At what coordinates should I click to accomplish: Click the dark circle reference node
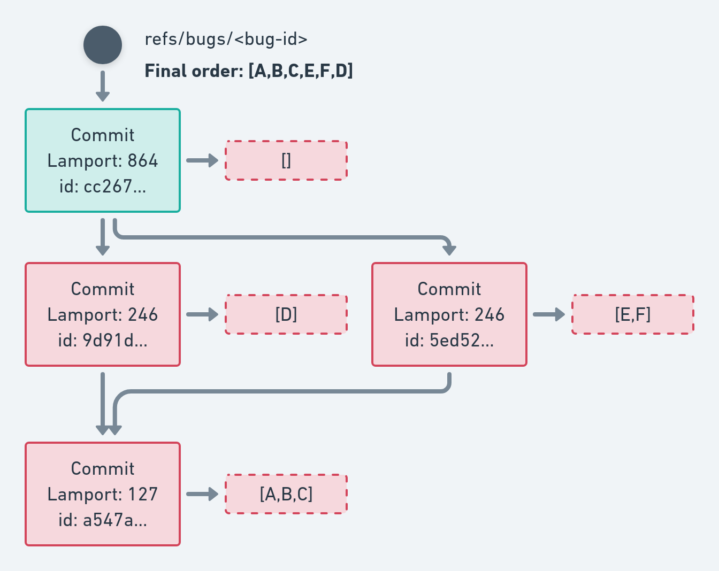click(103, 45)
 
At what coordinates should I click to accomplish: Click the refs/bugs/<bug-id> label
click(226, 40)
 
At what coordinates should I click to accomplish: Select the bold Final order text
click(249, 71)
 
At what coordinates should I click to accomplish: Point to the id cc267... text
click(103, 186)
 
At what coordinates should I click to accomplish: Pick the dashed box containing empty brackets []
click(286, 160)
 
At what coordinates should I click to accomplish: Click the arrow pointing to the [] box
click(202, 160)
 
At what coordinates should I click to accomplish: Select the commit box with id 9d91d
click(103, 314)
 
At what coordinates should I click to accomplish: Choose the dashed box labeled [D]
click(286, 314)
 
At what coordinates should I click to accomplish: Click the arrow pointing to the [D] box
click(202, 314)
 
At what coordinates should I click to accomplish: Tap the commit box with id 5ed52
click(449, 314)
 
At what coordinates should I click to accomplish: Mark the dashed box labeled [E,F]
click(633, 314)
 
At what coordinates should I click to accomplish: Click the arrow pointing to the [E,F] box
click(549, 314)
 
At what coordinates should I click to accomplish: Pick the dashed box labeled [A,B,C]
click(286, 494)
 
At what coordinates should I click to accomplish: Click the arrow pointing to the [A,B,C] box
click(202, 494)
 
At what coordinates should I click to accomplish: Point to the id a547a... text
click(103, 520)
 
